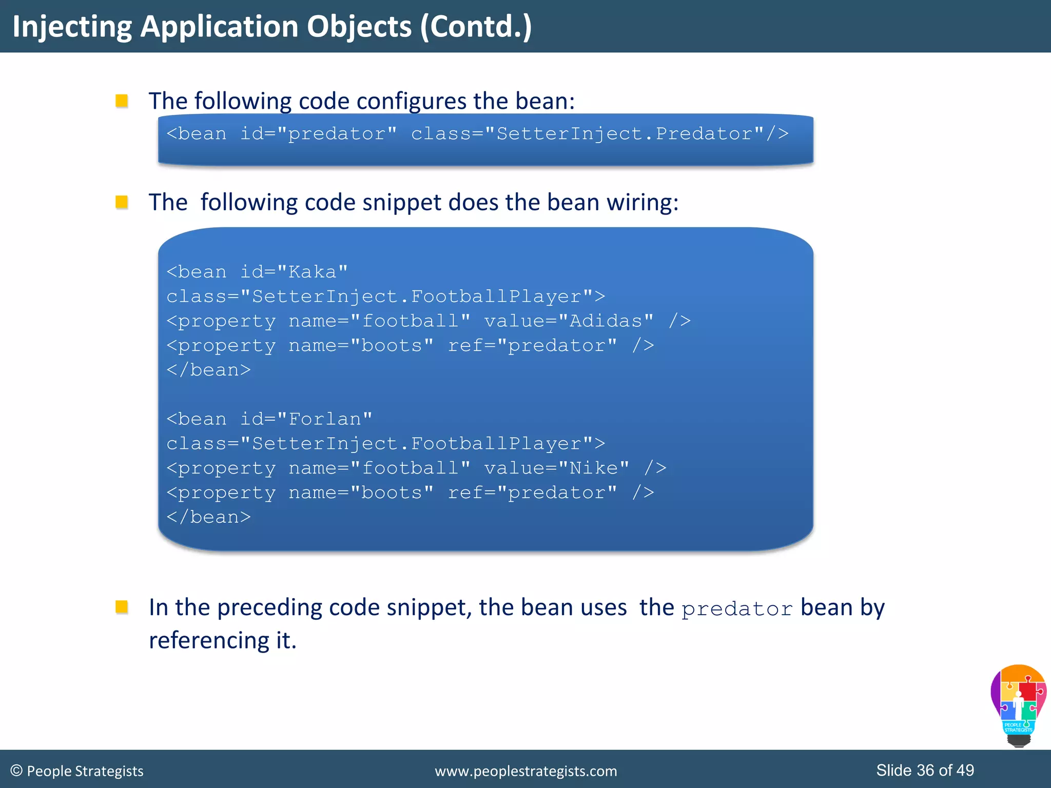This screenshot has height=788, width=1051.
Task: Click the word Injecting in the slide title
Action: pyautogui.click(x=72, y=27)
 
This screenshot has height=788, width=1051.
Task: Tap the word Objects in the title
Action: pyautogui.click(x=359, y=27)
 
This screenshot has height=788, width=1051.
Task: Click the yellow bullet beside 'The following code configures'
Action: pyautogui.click(x=122, y=101)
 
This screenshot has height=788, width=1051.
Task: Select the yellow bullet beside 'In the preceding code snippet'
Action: pyautogui.click(x=122, y=607)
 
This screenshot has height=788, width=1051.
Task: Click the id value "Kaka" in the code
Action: pyautogui.click(x=312, y=272)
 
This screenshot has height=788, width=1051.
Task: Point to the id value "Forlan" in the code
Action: pyautogui.click(x=324, y=419)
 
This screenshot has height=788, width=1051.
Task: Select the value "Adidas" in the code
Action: pyautogui.click(x=606, y=321)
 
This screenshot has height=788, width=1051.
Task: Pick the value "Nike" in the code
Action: pyautogui.click(x=594, y=468)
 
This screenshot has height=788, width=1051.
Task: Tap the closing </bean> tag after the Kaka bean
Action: pyautogui.click(x=208, y=370)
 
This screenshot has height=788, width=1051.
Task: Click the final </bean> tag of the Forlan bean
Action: pyautogui.click(x=208, y=517)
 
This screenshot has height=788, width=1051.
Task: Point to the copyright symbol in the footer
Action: pyautogui.click(x=16, y=771)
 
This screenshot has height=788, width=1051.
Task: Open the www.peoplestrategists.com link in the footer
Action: pyautogui.click(x=525, y=771)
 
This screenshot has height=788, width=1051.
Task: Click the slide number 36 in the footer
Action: pyautogui.click(x=925, y=770)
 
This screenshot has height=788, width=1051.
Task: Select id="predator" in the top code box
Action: pyautogui.click(x=318, y=134)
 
